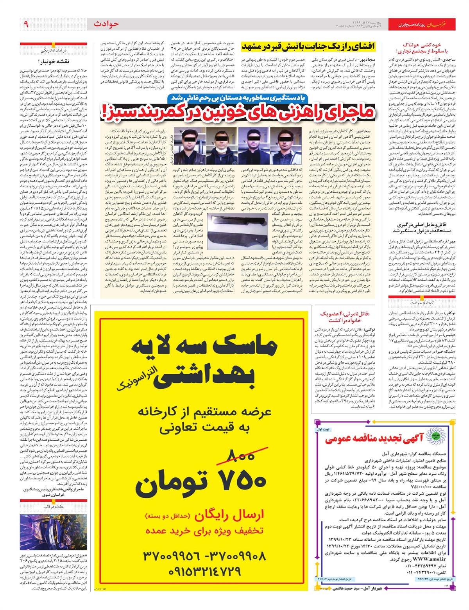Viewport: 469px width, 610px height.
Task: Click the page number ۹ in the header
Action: (26, 24)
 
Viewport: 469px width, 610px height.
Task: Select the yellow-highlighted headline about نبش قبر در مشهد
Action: (308, 46)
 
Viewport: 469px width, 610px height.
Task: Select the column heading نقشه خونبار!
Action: (54, 61)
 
